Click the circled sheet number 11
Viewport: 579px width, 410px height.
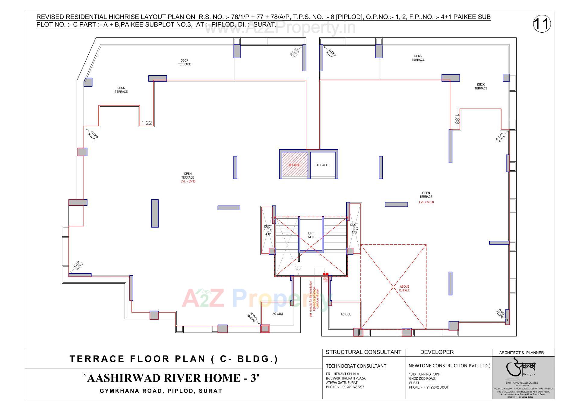[x=542, y=24]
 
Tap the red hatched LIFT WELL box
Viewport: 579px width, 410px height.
[x=295, y=165]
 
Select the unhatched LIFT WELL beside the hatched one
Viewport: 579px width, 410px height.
[x=322, y=165]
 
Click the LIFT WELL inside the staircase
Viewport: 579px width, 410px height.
[x=311, y=235]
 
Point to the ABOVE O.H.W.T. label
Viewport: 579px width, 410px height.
[x=404, y=288]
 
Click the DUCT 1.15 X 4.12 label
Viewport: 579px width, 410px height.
[x=268, y=230]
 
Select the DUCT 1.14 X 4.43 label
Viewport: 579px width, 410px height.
[x=354, y=229]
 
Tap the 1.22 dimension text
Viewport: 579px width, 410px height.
[x=147, y=123]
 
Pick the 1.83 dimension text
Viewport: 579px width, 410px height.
[x=457, y=119]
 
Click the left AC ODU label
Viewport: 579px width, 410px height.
[x=277, y=314]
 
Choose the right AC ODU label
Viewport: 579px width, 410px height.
[x=346, y=314]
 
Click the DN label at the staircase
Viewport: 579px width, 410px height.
[x=287, y=217]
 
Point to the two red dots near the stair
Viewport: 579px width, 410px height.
[x=326, y=274]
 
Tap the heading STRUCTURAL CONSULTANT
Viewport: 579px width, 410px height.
[x=363, y=352]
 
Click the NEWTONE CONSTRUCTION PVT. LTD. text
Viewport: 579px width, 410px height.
[x=449, y=366]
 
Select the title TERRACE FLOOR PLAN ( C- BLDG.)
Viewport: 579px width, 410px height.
[x=174, y=359]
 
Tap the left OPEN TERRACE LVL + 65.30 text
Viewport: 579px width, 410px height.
[x=188, y=178]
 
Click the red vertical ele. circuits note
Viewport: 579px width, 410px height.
[x=314, y=299]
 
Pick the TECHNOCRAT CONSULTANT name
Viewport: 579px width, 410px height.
[x=356, y=366]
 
